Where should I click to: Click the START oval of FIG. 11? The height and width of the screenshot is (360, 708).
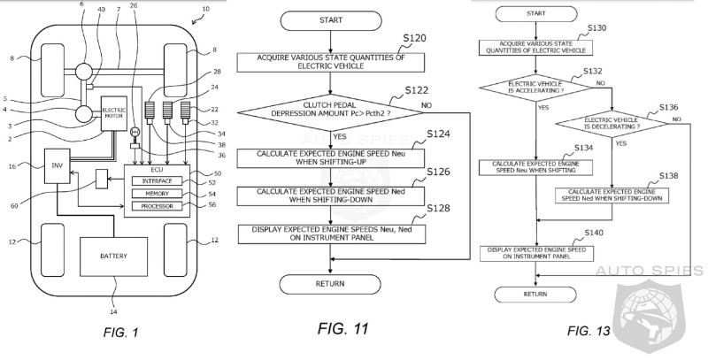pyautogui.click(x=327, y=22)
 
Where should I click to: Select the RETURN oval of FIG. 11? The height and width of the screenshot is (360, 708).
pyautogui.click(x=327, y=283)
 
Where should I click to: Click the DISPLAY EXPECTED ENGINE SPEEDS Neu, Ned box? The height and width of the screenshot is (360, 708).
pyautogui.click(x=327, y=233)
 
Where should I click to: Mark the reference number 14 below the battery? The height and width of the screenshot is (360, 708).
pyautogui.click(x=113, y=310)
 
